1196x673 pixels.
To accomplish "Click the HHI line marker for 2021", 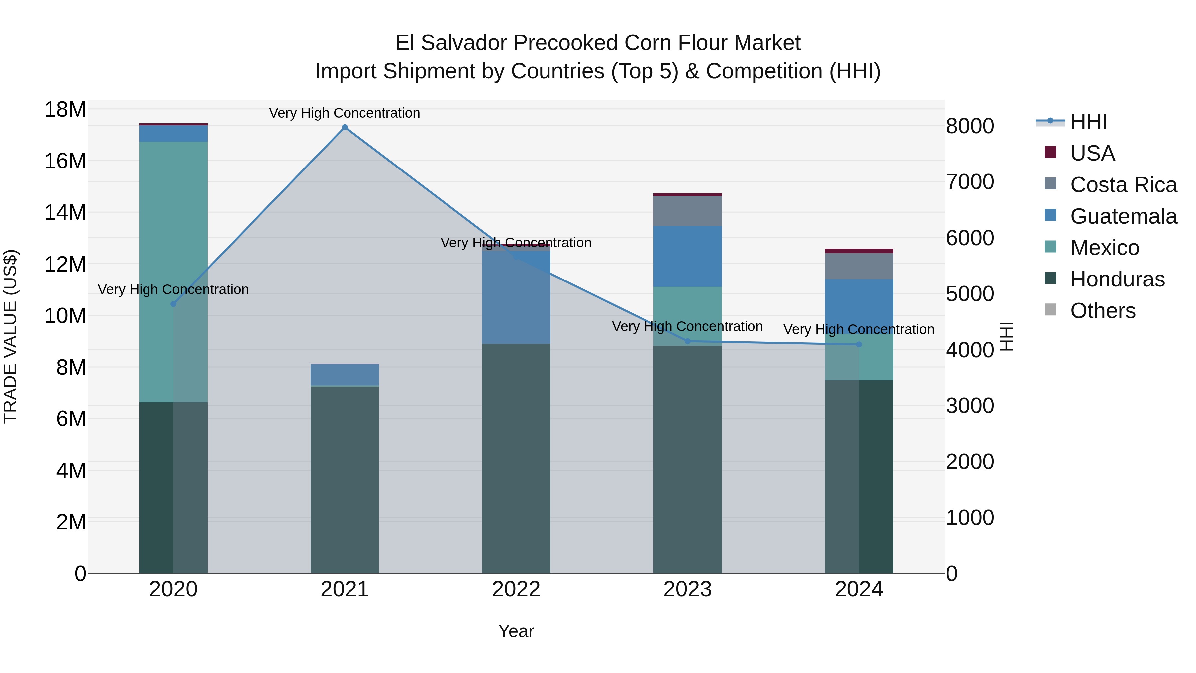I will tap(345, 127).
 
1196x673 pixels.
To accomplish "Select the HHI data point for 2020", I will tap(173, 304).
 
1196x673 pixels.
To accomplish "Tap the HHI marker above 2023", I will tap(688, 341).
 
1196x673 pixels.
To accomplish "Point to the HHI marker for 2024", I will tap(859, 345).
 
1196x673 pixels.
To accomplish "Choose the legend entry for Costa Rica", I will tap(1123, 185).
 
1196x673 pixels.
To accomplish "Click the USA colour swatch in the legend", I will tap(1050, 152).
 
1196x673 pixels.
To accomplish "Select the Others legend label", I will tap(1103, 311).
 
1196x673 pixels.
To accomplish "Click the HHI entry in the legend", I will tap(1088, 122).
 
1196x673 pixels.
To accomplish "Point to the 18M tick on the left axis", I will tap(65, 110).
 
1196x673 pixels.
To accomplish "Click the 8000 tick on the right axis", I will tap(970, 126).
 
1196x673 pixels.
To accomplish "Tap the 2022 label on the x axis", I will tap(516, 589).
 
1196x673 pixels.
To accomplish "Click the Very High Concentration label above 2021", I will tap(345, 113).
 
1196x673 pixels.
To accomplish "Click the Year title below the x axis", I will tap(516, 631).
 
